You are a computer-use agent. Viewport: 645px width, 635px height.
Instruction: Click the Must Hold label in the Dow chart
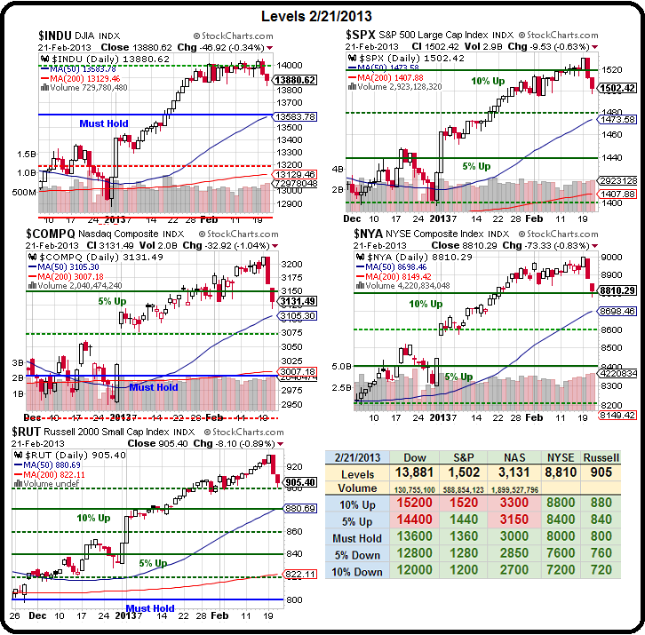tap(104, 123)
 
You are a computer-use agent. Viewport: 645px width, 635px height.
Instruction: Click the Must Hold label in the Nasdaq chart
tap(154, 386)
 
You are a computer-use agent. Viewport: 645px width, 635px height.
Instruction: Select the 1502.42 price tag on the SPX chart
tap(617, 88)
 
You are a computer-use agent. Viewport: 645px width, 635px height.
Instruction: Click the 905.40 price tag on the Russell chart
tap(299, 482)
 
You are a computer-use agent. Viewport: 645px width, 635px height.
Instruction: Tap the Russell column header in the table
tap(600, 456)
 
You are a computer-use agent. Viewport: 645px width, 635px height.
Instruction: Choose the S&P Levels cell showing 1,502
tap(465, 472)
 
